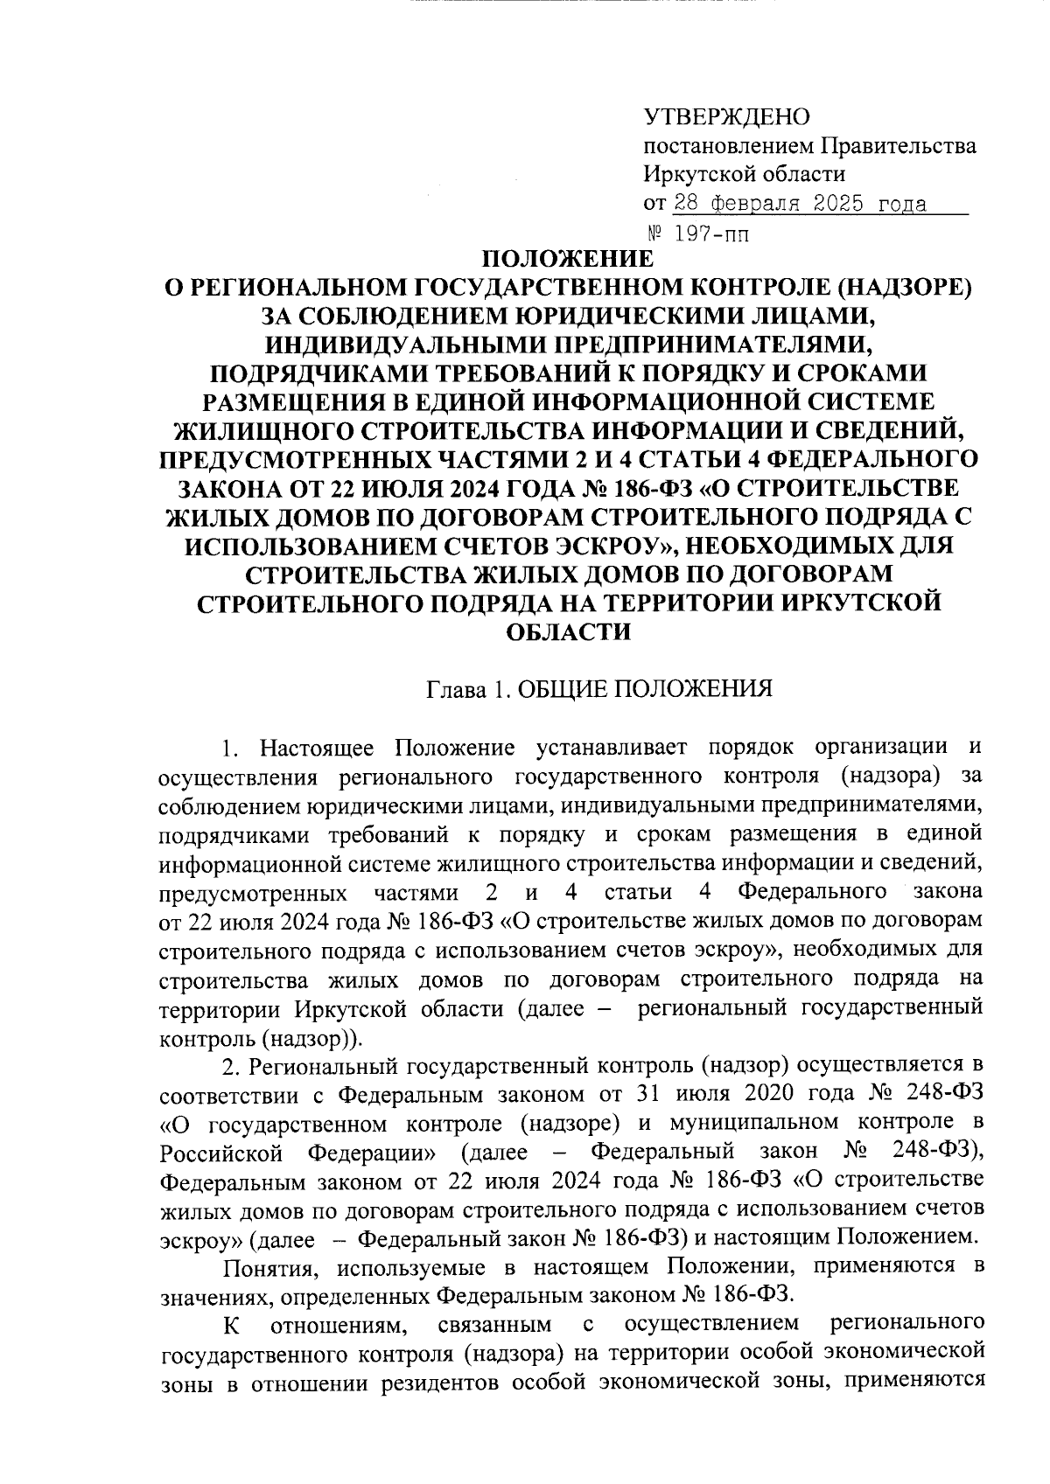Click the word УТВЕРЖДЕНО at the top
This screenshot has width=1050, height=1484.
click(726, 117)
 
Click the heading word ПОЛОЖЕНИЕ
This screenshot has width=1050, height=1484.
click(569, 260)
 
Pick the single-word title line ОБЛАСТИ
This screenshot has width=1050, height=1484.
click(569, 631)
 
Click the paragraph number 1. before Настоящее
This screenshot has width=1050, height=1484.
click(230, 749)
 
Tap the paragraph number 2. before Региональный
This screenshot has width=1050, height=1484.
click(230, 1066)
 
